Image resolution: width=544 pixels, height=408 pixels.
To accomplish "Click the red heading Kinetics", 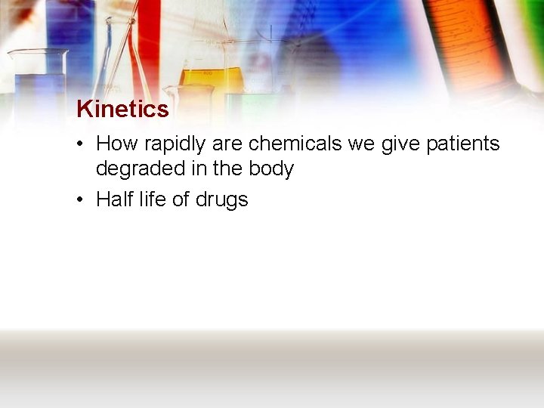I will point(122,110).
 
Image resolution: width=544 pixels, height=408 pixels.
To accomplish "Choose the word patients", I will point(463,144).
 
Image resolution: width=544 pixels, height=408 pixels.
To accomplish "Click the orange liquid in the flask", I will point(212,77).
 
